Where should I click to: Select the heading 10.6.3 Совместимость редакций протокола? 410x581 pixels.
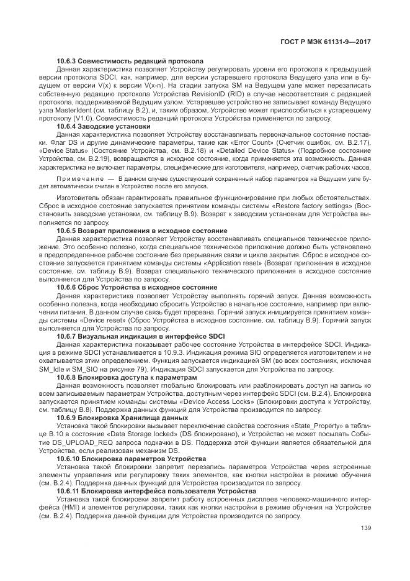point(130,62)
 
